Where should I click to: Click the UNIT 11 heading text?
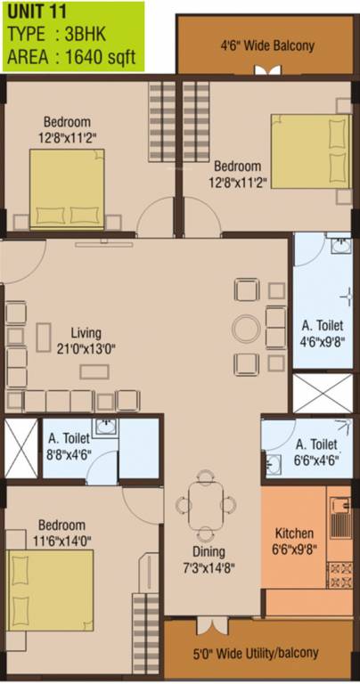(x=37, y=12)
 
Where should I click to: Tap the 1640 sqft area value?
(x=101, y=57)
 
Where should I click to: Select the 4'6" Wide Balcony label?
(x=267, y=45)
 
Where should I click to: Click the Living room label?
(x=86, y=333)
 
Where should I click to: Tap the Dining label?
(x=210, y=552)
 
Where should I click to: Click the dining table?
(x=206, y=504)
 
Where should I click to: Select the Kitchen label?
(x=294, y=533)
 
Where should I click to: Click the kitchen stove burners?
(x=340, y=574)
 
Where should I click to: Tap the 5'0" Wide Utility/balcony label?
(x=256, y=654)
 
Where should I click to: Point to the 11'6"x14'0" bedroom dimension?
(x=62, y=541)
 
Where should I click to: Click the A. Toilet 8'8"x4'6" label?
(x=69, y=445)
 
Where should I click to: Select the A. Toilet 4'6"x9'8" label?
(x=323, y=333)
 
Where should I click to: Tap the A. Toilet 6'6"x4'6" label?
(x=317, y=452)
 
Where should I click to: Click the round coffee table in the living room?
(x=247, y=328)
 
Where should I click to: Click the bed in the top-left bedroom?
(x=67, y=189)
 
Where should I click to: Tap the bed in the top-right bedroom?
(x=311, y=151)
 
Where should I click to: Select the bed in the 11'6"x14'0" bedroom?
(x=50, y=590)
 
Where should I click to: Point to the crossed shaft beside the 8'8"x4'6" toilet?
(x=21, y=448)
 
